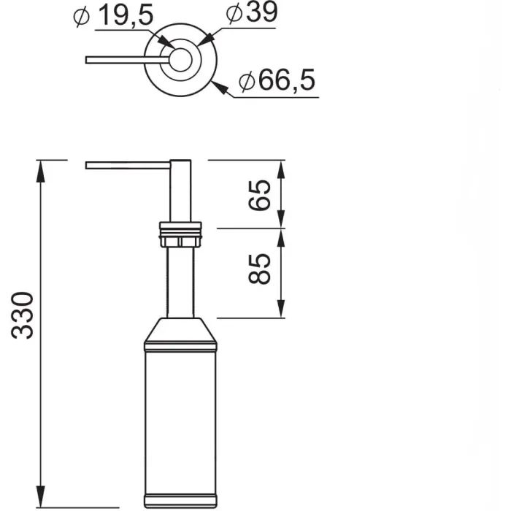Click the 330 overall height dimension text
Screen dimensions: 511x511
click(24, 315)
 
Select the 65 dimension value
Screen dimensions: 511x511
click(261, 194)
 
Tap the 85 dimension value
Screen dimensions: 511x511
click(261, 269)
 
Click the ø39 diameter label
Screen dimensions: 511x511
click(252, 14)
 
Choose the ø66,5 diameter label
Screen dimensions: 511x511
click(277, 81)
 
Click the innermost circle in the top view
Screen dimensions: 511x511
click(180, 59)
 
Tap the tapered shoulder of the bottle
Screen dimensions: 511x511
click(180, 332)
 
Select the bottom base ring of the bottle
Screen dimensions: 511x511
click(180, 502)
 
